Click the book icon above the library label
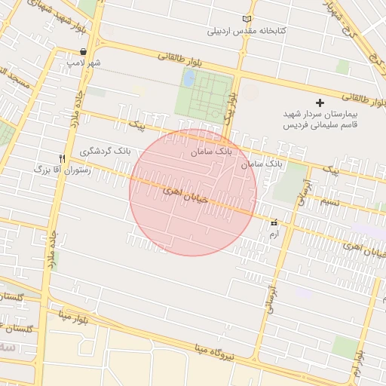tap(247, 19)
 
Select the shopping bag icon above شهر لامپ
tap(81, 51)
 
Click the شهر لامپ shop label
tap(85, 63)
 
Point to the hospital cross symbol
tap(320, 103)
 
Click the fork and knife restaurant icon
tap(62, 158)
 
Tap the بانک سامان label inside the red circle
tap(212, 152)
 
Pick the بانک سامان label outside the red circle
tap(263, 163)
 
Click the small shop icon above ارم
tap(274, 222)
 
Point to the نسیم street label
tap(329, 201)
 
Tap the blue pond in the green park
tap(188, 78)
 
